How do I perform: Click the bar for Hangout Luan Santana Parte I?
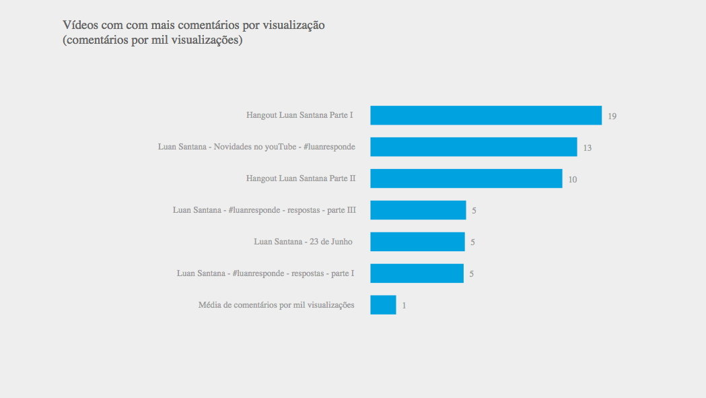click(485, 115)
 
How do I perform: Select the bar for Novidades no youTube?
click(473, 147)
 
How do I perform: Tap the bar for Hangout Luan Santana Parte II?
click(466, 178)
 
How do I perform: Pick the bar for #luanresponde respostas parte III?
click(418, 210)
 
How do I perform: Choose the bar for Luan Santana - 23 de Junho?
click(417, 242)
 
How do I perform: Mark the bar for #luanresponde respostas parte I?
click(417, 273)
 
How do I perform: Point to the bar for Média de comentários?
click(383, 305)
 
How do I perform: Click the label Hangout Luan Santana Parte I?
click(299, 115)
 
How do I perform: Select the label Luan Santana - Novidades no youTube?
click(256, 147)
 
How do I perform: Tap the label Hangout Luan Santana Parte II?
click(301, 178)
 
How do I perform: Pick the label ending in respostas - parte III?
click(264, 210)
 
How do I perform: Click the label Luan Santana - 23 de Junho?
click(303, 242)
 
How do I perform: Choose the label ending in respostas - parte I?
click(265, 273)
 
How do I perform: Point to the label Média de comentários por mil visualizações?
click(276, 305)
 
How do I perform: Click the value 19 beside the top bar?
click(612, 117)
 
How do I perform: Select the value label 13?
click(588, 148)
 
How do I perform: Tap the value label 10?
click(572, 180)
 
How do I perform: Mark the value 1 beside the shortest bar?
click(404, 306)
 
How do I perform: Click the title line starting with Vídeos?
click(194, 26)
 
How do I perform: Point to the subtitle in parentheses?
click(153, 40)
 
